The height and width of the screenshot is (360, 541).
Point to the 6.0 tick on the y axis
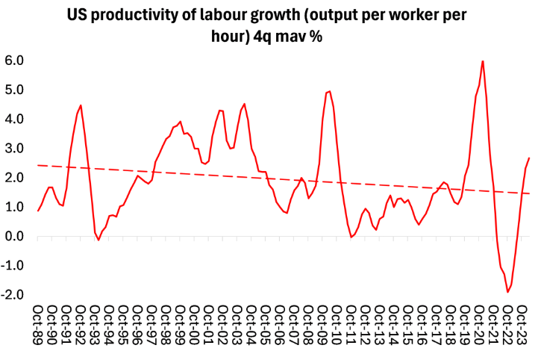15,60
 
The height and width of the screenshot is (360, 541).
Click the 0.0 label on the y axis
15,237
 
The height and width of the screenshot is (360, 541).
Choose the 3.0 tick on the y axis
15,149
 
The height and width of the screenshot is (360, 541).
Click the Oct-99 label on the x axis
181,322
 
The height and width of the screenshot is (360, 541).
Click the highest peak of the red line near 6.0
483,61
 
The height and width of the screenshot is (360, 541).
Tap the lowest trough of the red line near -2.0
507,292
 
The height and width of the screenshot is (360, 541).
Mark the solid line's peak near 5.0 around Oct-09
330,91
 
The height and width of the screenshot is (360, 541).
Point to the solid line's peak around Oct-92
81,105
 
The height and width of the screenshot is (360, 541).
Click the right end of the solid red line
529,158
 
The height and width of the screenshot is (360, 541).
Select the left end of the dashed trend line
37,165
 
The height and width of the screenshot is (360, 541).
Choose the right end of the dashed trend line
530,193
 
